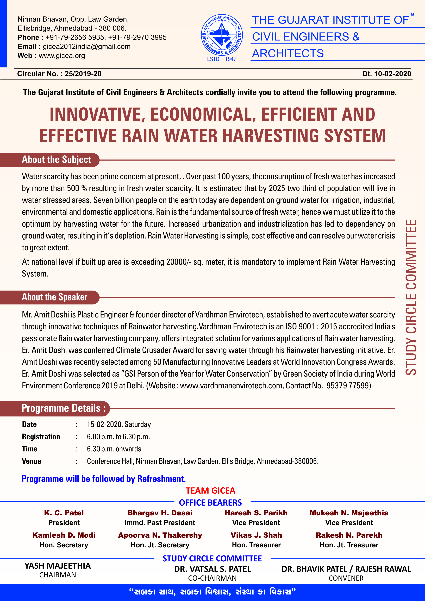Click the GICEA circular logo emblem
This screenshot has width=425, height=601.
(222, 35)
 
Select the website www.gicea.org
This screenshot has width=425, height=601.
(62, 56)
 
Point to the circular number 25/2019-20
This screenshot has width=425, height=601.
(83, 74)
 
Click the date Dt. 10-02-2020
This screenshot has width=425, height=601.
(386, 74)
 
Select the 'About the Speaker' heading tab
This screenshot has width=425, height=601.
(54, 297)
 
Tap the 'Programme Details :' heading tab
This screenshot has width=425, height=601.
(63, 408)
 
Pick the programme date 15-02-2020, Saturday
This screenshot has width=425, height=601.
(119, 424)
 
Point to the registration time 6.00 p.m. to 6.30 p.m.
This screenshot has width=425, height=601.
(118, 437)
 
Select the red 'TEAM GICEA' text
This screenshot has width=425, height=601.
(210, 490)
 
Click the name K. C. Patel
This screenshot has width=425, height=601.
(64, 513)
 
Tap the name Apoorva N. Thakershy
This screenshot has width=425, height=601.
(160, 535)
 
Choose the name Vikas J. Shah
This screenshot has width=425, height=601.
(256, 535)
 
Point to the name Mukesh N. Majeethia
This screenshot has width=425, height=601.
(349, 513)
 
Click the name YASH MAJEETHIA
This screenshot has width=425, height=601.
(58, 566)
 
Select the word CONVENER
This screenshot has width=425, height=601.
(346, 578)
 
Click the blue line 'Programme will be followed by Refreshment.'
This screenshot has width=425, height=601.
(103, 479)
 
